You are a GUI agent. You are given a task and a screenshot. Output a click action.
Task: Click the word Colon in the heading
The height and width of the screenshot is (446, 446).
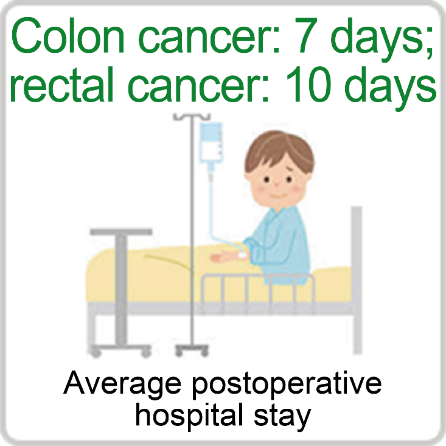(68, 35)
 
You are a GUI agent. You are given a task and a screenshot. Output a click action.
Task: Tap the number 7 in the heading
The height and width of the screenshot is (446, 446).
(307, 35)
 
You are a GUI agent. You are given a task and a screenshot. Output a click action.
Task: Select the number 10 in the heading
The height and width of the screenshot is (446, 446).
(308, 84)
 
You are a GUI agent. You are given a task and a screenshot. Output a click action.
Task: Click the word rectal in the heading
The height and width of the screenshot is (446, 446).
(61, 84)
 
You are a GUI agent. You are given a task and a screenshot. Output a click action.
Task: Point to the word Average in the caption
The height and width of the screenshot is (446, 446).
(122, 385)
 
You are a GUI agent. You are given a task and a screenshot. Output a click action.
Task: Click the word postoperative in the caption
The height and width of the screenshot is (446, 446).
(287, 385)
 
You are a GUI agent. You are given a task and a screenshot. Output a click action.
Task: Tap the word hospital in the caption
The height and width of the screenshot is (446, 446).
(189, 416)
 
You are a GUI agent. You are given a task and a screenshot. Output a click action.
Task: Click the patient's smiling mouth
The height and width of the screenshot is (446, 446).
(276, 196)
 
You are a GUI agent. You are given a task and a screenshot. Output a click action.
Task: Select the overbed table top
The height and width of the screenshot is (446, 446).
(121, 232)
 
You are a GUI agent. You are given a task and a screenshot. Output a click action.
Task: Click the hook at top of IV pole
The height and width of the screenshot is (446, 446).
(192, 117)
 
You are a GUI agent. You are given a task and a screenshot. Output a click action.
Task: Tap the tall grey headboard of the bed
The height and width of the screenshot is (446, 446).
(357, 280)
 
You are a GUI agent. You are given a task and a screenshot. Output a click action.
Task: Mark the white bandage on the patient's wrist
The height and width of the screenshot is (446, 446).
(242, 255)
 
